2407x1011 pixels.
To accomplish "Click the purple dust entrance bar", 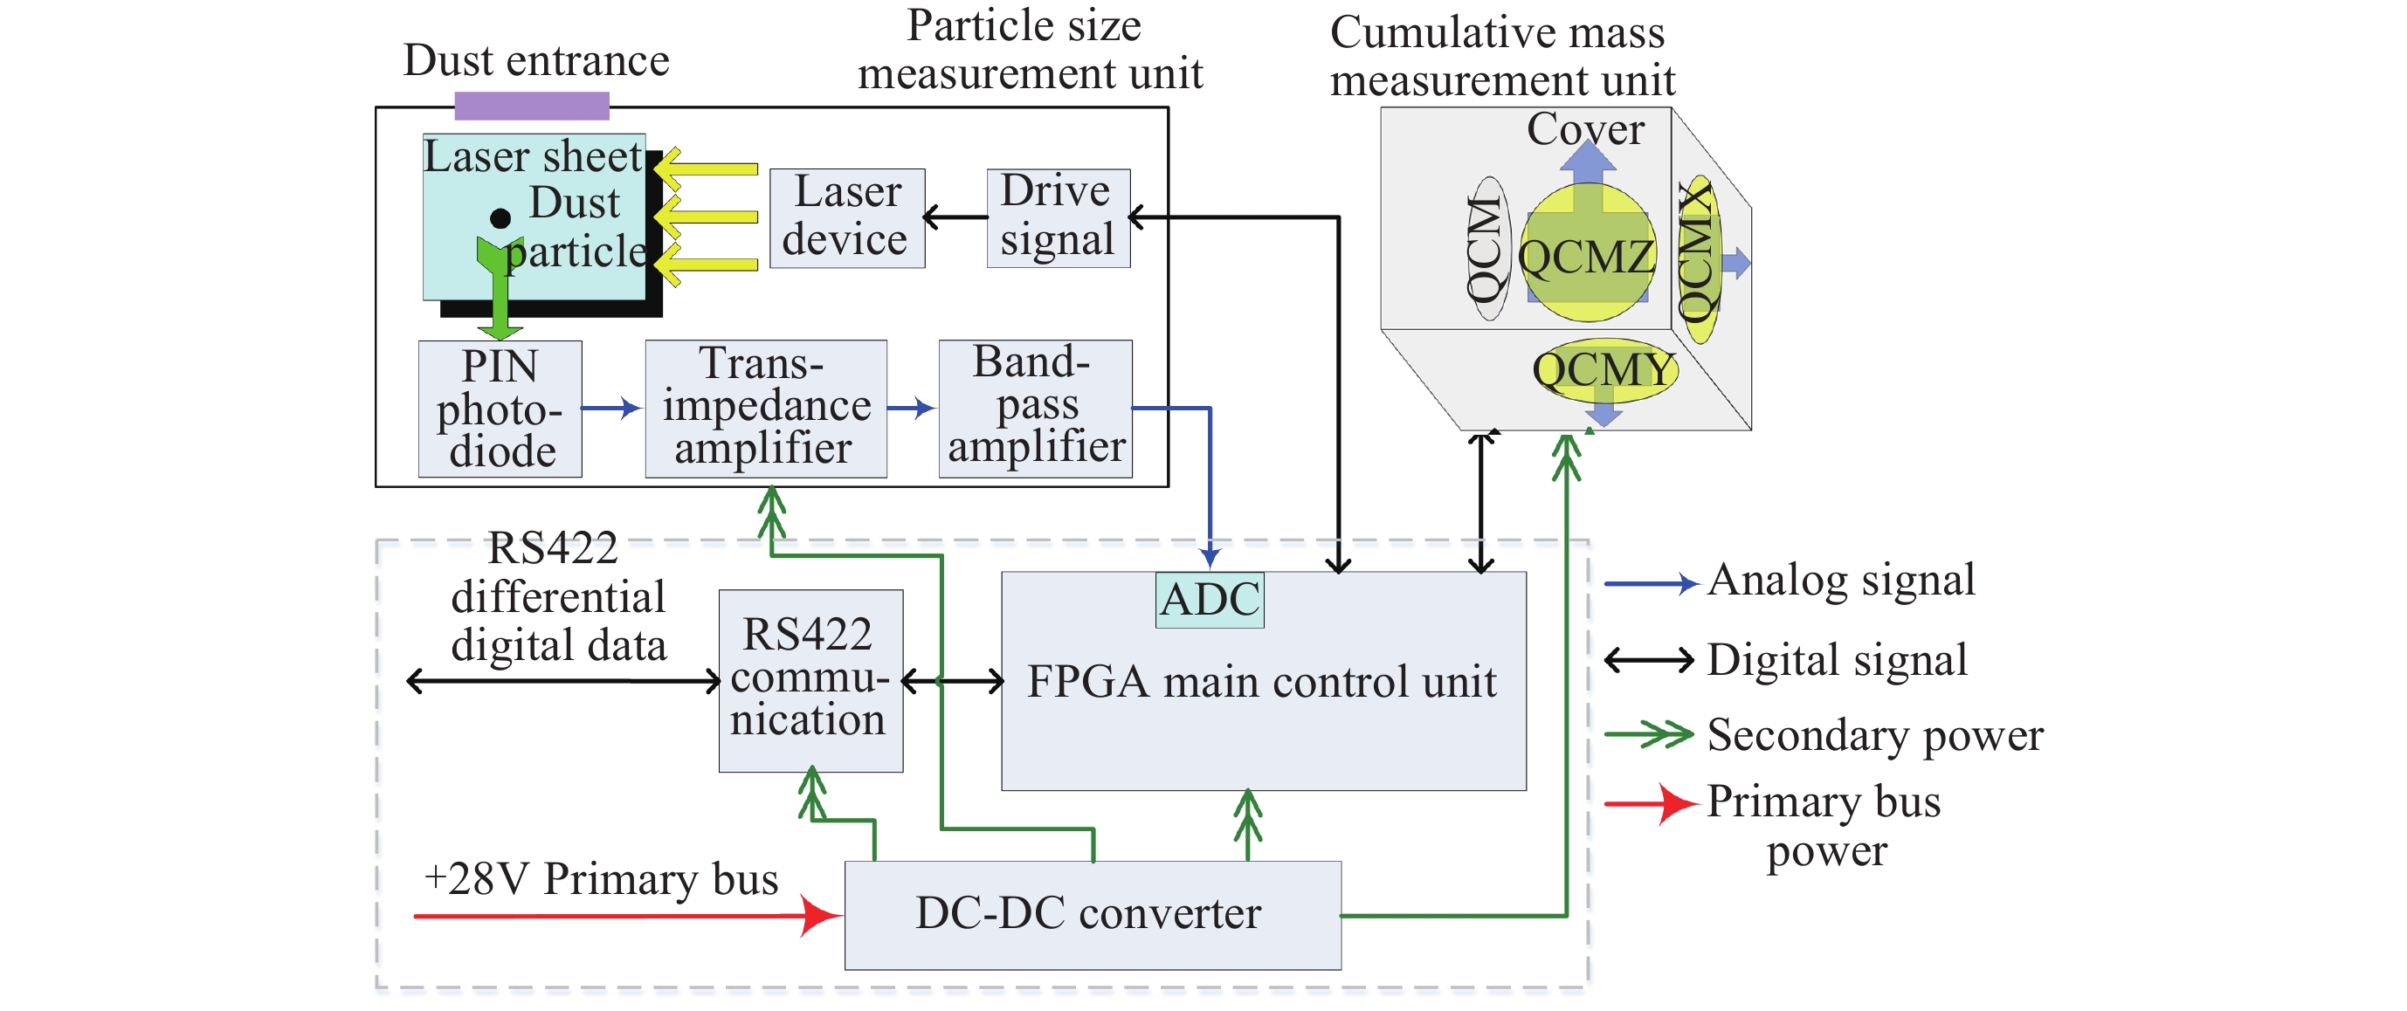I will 532,106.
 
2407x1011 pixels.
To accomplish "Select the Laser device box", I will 846,218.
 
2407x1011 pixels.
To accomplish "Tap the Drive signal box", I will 1058,217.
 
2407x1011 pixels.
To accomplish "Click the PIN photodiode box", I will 500,409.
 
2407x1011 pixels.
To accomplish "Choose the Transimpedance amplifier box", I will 765,409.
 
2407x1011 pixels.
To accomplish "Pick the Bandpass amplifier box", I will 1035,409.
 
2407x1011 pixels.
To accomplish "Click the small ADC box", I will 1209,600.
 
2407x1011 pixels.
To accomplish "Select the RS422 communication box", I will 810,680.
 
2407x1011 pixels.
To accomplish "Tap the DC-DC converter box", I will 1092,915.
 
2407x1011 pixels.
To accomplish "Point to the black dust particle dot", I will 500,218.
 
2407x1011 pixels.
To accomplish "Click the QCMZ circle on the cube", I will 1587,254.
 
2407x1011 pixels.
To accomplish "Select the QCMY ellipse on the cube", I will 1604,370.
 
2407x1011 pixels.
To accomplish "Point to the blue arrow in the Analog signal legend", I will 1650,584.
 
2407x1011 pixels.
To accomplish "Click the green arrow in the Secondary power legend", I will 1650,734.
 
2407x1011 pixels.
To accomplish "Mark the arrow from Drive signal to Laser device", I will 955,217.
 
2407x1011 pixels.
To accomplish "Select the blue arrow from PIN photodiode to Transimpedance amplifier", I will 611,409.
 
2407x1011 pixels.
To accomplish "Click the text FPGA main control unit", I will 1261,682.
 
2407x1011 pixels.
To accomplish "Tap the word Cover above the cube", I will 1585,130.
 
